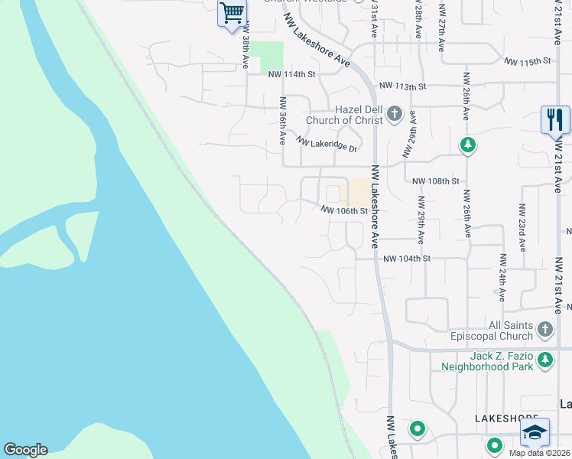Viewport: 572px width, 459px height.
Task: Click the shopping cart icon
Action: pos(232,12)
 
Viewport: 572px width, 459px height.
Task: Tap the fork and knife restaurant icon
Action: pos(555,119)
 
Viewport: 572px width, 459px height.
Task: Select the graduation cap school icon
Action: pos(535,432)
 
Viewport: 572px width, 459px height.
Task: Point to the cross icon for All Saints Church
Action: pos(544,330)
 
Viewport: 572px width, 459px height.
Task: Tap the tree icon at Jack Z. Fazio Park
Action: pos(544,359)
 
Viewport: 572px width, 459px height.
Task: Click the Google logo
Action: pos(25,450)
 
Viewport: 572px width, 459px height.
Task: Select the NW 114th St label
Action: pos(291,74)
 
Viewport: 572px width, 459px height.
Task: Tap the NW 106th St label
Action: pos(344,210)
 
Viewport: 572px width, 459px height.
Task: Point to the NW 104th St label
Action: pos(408,259)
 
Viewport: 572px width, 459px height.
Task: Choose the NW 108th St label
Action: pos(435,181)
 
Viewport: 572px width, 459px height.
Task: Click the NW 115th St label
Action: pos(527,60)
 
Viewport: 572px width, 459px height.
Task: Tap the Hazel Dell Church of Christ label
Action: pos(344,115)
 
